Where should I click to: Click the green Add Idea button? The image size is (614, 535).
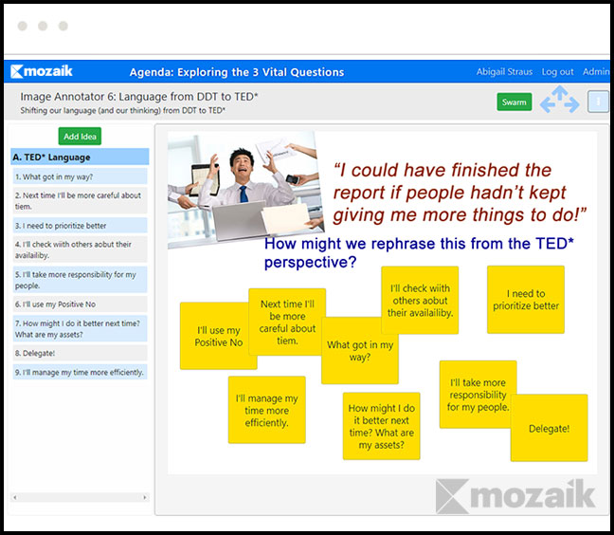pyautogui.click(x=80, y=137)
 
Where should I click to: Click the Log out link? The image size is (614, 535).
pyautogui.click(x=557, y=72)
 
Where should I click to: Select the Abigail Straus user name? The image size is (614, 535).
pyautogui.click(x=504, y=72)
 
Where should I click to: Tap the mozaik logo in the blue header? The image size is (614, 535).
pyautogui.click(x=42, y=71)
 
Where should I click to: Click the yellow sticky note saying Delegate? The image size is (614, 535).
pyautogui.click(x=549, y=428)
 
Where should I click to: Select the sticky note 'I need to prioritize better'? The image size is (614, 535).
pyautogui.click(x=526, y=300)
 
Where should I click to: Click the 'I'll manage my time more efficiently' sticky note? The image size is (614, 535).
pyautogui.click(x=266, y=410)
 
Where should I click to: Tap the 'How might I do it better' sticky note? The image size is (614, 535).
pyautogui.click(x=382, y=426)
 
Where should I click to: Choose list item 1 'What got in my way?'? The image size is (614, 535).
pyautogui.click(x=80, y=176)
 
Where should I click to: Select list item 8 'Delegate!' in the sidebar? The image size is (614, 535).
pyautogui.click(x=80, y=353)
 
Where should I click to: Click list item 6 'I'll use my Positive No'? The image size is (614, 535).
pyautogui.click(x=80, y=304)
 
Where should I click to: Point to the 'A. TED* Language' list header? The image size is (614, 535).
pyautogui.click(x=80, y=157)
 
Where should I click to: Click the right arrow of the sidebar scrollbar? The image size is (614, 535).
pyautogui.click(x=144, y=497)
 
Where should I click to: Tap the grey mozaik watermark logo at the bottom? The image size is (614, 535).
pyautogui.click(x=515, y=496)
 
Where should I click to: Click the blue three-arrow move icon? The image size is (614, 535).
pyautogui.click(x=560, y=100)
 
